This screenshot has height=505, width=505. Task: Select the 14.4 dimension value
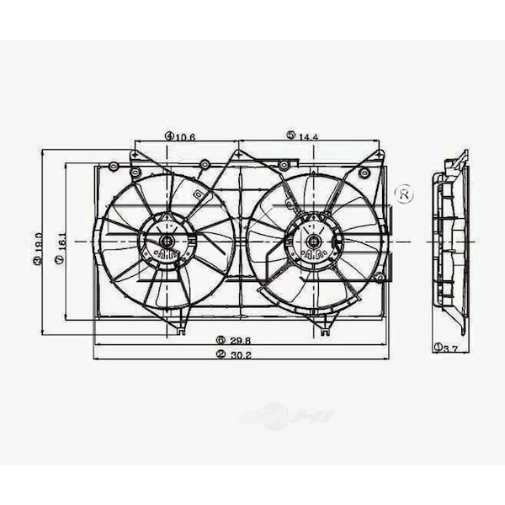pyautogui.click(x=310, y=135)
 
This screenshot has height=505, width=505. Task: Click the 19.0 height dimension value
pyautogui.click(x=37, y=242)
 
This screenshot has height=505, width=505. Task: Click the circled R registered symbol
pyautogui.click(x=404, y=194)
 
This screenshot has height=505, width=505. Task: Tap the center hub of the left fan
pyautogui.click(x=167, y=242)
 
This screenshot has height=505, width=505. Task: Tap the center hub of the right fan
pyautogui.click(x=313, y=242)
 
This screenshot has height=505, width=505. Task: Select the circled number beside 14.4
pyautogui.click(x=291, y=135)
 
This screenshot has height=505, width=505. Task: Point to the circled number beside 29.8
pyautogui.click(x=221, y=340)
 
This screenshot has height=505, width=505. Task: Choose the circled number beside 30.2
pyautogui.click(x=221, y=354)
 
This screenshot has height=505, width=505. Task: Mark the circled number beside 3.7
pyautogui.click(x=439, y=347)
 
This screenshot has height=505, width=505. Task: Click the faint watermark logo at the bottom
pyautogui.click(x=286, y=417)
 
